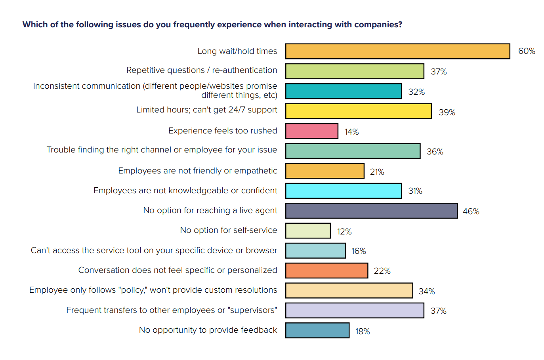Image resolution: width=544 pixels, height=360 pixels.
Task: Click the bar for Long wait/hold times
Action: [397, 51]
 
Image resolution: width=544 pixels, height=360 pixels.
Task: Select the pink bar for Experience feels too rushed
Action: [312, 131]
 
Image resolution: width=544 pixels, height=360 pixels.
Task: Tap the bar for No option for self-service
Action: [308, 230]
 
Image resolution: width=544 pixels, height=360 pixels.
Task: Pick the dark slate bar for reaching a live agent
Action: [371, 211]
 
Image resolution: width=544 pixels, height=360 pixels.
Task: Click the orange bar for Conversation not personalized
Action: [326, 270]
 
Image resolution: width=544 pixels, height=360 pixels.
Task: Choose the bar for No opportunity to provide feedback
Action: [317, 330]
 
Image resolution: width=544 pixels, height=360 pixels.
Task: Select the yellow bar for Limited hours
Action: [358, 111]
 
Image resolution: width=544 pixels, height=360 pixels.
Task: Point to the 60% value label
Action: [527, 51]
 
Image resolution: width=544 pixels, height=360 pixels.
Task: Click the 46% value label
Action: [471, 211]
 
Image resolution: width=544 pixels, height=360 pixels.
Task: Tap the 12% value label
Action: [344, 232]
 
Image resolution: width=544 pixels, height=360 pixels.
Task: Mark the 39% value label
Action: [447, 112]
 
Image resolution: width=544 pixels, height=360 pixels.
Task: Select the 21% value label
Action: [377, 172]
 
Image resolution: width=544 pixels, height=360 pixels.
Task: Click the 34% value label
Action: [426, 291]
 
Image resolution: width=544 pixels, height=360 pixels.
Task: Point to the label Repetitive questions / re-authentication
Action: [202, 70]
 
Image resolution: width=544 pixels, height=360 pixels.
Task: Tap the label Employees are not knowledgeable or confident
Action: [185, 190]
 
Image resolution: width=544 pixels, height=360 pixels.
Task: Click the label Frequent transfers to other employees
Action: [172, 310]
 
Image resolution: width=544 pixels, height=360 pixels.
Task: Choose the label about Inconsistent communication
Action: [155, 90]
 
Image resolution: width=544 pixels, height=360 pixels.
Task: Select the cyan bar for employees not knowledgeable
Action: [343, 190]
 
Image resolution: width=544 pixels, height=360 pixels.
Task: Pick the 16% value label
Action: [358, 251]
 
